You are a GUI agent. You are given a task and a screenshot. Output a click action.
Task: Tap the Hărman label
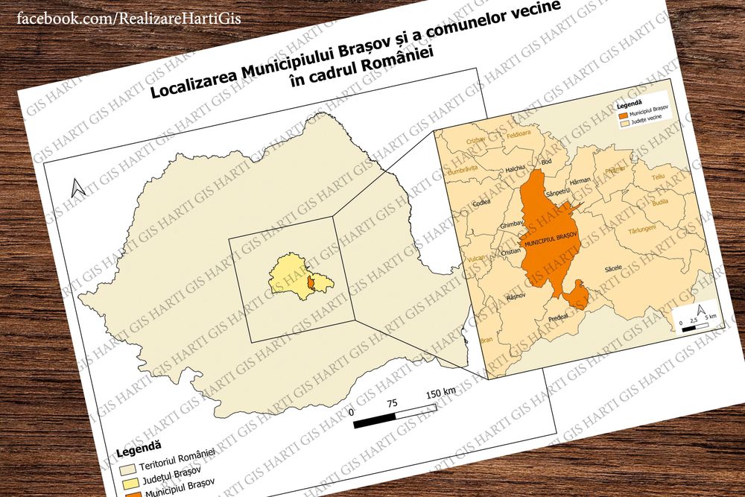579,181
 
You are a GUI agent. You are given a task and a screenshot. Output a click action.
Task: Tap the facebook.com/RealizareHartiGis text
128,18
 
